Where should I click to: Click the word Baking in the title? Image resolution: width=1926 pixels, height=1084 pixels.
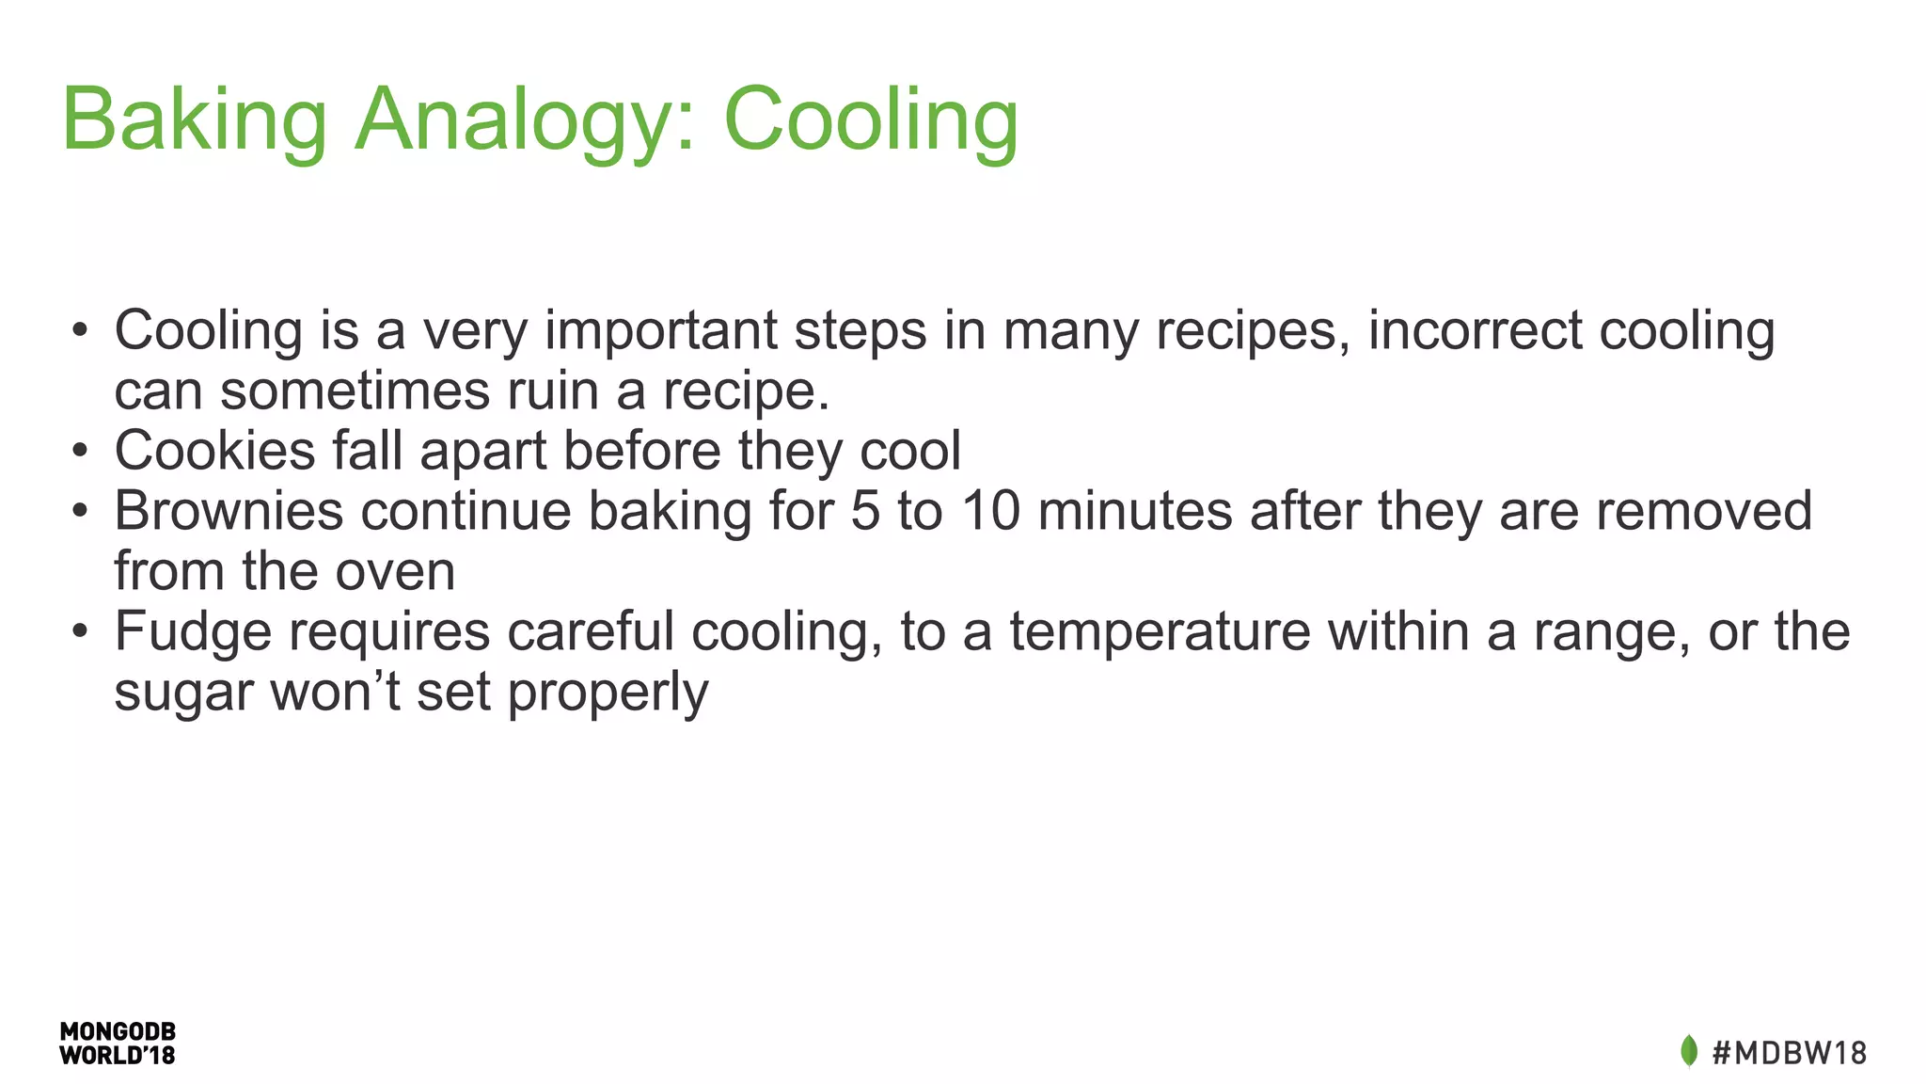(194, 120)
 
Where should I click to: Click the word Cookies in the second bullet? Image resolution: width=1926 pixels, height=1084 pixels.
(214, 450)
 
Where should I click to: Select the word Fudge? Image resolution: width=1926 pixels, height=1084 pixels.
(193, 631)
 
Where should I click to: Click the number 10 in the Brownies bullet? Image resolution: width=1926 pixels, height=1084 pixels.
(990, 510)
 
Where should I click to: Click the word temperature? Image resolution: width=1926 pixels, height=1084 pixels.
(1160, 631)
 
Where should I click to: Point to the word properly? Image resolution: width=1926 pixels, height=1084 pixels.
(608, 693)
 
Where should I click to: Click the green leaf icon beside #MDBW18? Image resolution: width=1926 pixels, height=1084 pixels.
(1688, 1051)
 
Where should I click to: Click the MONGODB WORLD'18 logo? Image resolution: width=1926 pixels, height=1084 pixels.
(118, 1044)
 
